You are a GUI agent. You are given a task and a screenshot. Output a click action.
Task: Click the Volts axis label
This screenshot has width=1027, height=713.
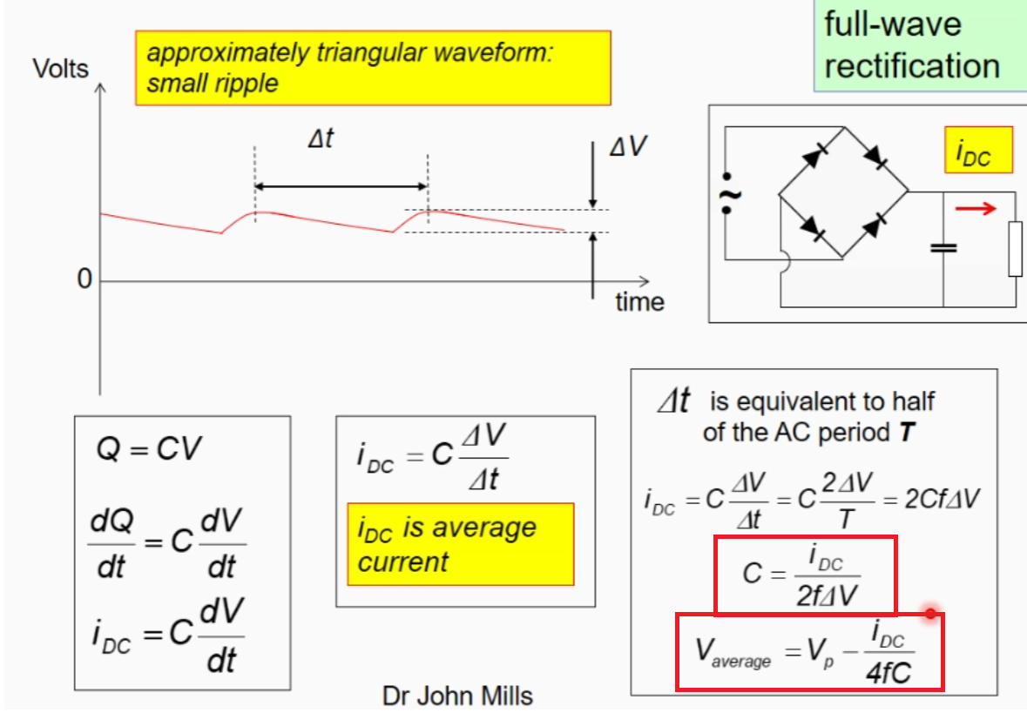(x=60, y=68)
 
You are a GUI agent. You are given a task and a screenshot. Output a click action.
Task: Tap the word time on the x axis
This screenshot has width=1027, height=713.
(x=639, y=302)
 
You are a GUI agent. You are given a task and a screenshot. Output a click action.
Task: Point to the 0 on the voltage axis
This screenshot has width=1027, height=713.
(x=84, y=280)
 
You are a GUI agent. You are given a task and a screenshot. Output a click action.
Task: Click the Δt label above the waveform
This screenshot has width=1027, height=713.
(x=321, y=138)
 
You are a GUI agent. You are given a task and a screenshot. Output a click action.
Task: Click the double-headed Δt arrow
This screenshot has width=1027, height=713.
(x=341, y=186)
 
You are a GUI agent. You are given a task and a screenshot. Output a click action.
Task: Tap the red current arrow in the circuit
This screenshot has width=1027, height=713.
(x=975, y=209)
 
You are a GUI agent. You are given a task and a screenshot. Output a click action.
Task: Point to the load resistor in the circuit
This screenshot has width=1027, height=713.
(x=1016, y=250)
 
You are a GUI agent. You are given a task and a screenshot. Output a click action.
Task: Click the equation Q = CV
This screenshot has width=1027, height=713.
(x=149, y=449)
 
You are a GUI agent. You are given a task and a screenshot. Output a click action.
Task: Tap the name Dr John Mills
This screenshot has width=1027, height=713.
(x=457, y=695)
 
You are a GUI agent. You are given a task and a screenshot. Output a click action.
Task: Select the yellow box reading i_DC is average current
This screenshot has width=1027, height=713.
(x=460, y=544)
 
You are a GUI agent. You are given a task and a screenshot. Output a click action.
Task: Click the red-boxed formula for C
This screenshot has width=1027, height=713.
(x=804, y=575)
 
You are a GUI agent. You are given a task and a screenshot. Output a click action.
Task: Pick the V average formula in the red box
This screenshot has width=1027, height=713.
(x=809, y=652)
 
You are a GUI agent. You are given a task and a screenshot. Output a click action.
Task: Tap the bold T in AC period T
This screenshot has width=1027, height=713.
(x=907, y=433)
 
